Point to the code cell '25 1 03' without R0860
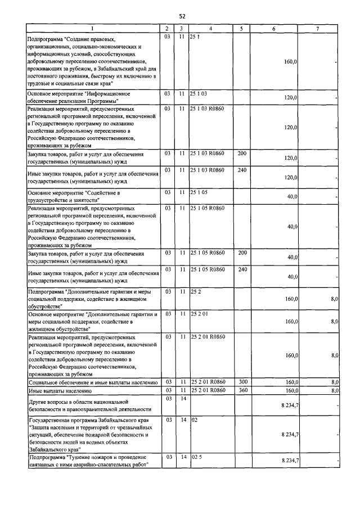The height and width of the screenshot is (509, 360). (x=200, y=93)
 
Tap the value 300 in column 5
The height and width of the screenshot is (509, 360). (x=242, y=382)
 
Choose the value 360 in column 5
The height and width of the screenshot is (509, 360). (x=242, y=390)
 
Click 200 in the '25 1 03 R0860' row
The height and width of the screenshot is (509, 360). (x=242, y=153)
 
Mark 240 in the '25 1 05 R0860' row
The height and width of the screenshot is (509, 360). (x=242, y=269)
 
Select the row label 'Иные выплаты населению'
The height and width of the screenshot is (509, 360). (x=60, y=390)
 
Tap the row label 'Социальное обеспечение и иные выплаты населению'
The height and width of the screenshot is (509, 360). (x=93, y=382)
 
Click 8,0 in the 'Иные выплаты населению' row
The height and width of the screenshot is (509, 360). (x=334, y=390)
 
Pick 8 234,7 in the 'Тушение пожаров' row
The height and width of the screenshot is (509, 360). (x=289, y=461)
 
